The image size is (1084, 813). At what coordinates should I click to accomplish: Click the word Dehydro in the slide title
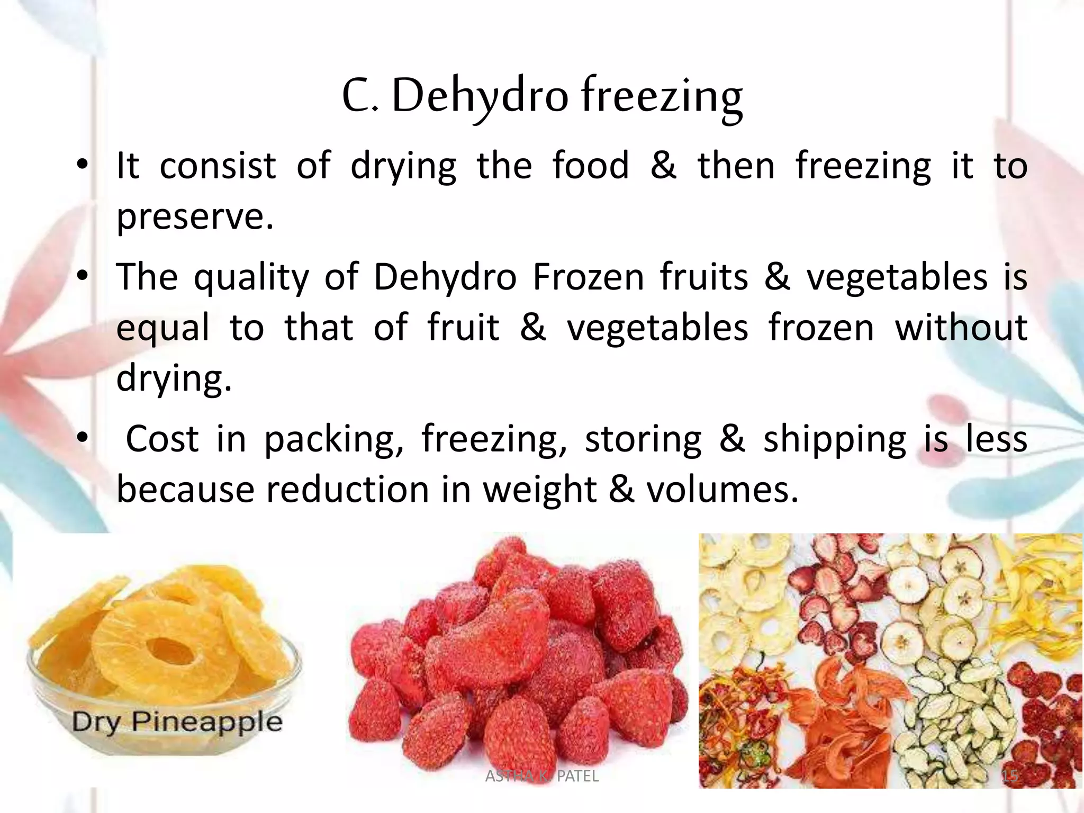[x=480, y=97]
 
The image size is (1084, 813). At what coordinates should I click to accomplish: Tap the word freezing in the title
[x=662, y=98]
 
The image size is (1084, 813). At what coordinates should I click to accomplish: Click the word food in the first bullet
[x=591, y=166]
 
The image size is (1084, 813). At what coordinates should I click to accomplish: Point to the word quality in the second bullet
[x=251, y=278]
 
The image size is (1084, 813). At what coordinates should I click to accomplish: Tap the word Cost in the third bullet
[x=162, y=439]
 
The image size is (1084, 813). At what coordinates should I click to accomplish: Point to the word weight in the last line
[x=539, y=490]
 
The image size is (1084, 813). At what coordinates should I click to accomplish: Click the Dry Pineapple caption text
[x=177, y=721]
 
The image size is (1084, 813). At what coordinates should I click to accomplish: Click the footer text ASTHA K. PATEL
[x=541, y=776]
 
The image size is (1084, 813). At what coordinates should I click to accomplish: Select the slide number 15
[x=1010, y=776]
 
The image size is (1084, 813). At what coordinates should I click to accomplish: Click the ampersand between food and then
[x=663, y=166]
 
